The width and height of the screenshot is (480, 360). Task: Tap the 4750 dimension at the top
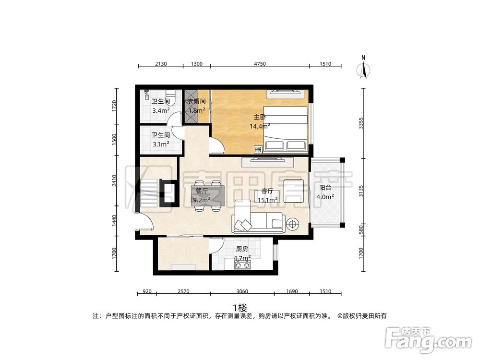[x=260, y=64]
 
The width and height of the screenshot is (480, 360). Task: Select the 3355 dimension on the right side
[x=361, y=123]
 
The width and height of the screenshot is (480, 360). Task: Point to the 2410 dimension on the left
[x=114, y=180]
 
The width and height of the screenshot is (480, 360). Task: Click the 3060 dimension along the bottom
[x=242, y=291]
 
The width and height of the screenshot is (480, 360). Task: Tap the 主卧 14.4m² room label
[x=260, y=121]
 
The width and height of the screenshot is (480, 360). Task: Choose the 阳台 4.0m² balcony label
[x=325, y=192]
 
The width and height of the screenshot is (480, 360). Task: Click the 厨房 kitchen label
[x=242, y=249]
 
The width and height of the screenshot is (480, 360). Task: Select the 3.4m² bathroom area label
[x=161, y=110]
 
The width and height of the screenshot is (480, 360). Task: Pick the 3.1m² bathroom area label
[x=161, y=144]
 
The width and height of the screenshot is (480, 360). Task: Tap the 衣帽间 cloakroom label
[x=196, y=101]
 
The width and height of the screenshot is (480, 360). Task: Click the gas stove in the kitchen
[x=242, y=265]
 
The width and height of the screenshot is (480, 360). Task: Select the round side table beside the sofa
[x=292, y=224]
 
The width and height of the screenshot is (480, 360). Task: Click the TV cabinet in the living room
[x=267, y=162]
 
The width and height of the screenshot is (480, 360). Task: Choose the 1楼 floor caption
[x=240, y=307]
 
